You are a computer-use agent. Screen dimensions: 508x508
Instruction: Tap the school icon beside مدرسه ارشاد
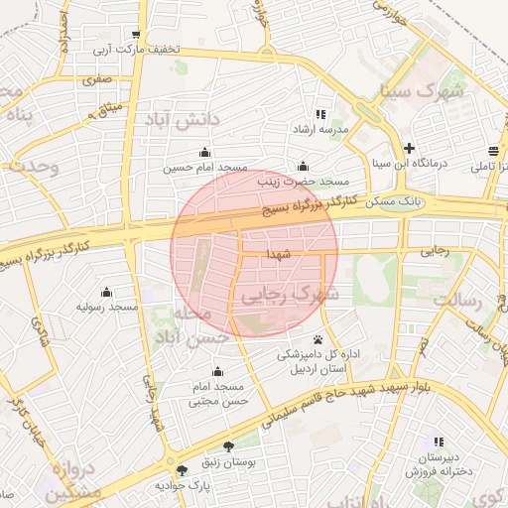pos(319,114)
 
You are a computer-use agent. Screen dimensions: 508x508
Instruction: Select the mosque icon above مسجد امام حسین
pos(204,152)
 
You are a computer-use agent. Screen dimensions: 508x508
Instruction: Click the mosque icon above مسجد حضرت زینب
pos(303,166)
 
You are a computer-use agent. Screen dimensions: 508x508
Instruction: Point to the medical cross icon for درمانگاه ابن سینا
pos(408,147)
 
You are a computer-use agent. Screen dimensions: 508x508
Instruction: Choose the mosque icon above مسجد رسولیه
pos(106,293)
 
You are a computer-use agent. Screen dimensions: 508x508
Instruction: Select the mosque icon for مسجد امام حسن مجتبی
pos(217,371)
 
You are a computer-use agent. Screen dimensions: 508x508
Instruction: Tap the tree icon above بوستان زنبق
pos(229,447)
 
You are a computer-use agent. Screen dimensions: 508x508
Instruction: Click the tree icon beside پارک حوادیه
pos(181,470)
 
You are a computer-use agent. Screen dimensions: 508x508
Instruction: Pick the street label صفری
pos(97,77)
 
